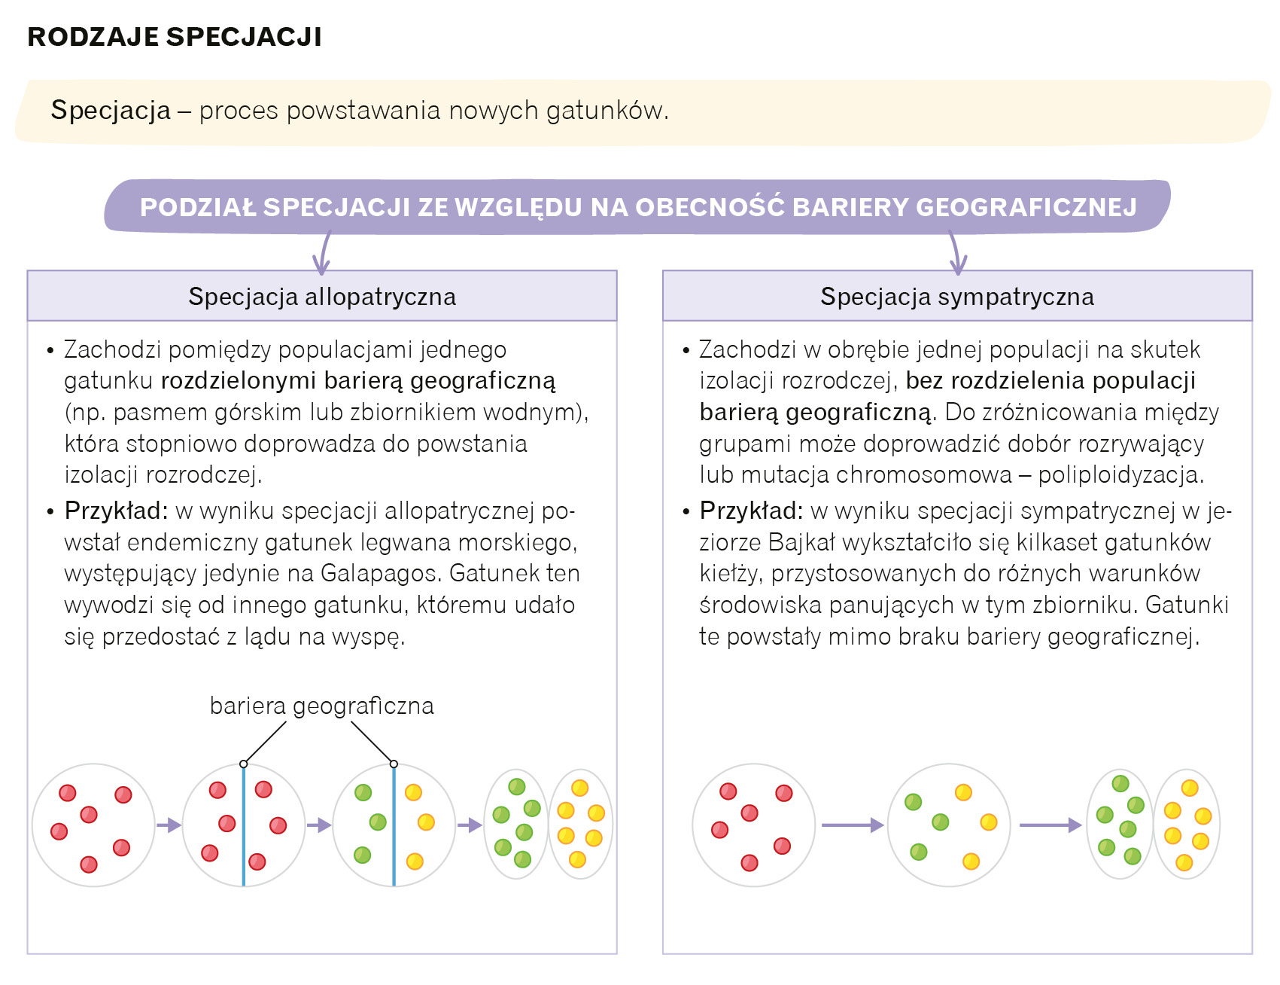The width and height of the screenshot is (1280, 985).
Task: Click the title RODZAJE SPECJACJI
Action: coord(175,37)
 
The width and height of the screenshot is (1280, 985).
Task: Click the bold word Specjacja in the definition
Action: coord(111,111)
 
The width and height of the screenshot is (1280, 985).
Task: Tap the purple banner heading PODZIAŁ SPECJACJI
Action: coord(638,207)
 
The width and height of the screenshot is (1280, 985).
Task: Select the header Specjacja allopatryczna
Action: coord(322,297)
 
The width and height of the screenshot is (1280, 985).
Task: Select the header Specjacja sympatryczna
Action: coord(957,297)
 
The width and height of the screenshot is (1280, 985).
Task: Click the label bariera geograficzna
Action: coord(322,706)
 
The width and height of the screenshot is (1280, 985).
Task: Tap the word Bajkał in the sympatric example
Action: coord(802,542)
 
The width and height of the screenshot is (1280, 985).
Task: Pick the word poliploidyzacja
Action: coord(1120,475)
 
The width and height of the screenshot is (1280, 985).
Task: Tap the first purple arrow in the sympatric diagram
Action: coord(852,826)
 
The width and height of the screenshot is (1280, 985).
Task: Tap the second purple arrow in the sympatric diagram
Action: coord(1050,826)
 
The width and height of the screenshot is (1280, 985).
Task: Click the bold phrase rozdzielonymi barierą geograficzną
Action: coord(358,381)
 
